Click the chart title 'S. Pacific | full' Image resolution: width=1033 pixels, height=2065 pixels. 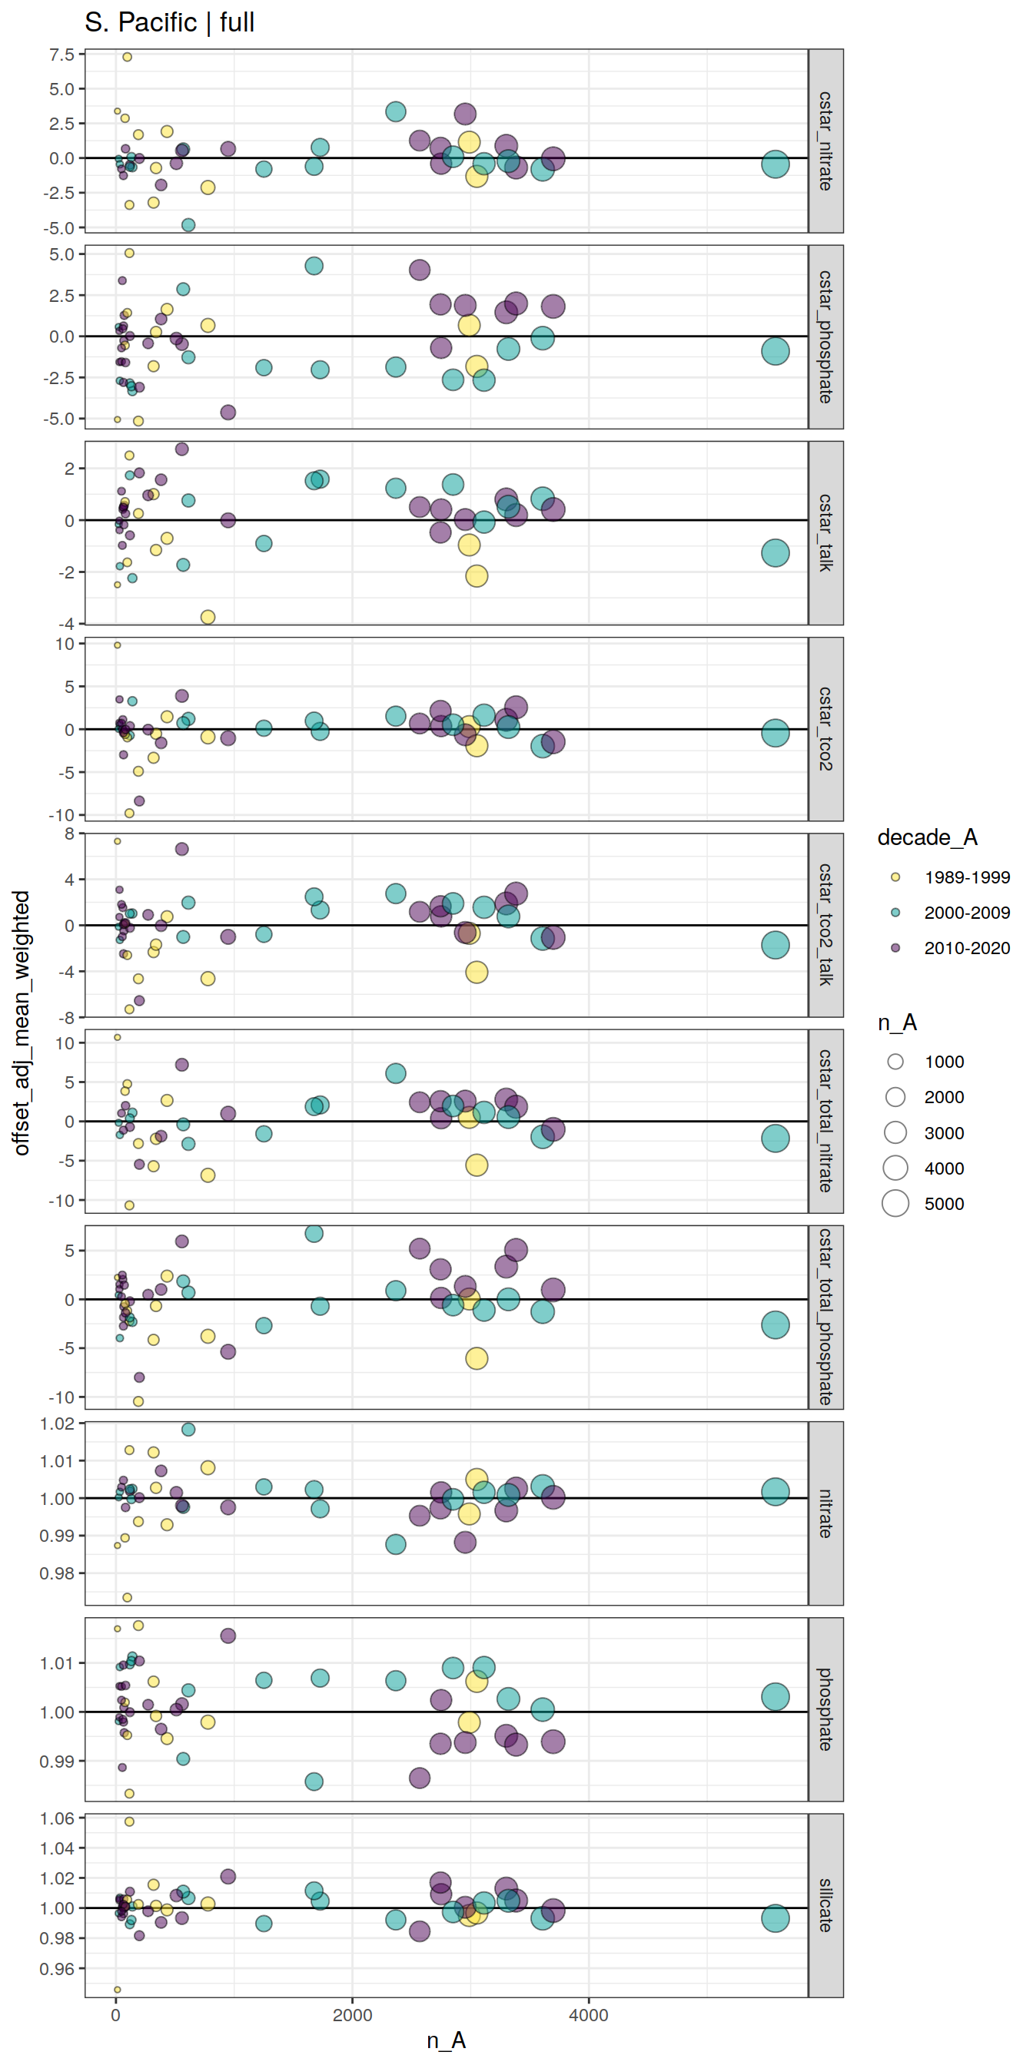(169, 22)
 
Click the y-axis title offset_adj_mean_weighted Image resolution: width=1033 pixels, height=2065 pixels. (22, 1022)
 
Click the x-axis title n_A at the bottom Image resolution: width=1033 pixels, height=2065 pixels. (446, 2040)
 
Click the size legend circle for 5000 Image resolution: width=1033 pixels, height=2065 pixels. (895, 1203)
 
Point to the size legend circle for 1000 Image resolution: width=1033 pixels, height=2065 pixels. (895, 1062)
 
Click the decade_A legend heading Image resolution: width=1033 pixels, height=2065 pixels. (927, 837)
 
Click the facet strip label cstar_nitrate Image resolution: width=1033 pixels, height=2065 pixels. (825, 141)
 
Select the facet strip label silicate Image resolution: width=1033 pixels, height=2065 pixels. (825, 1904)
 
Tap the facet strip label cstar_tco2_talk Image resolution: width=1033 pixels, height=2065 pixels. (825, 925)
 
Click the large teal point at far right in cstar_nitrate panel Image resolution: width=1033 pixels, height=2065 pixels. (775, 164)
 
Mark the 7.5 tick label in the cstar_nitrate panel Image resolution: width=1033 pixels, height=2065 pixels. (61, 55)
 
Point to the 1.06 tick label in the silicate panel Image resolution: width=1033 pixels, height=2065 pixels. (57, 1818)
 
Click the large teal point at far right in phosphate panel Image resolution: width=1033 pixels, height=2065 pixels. (775, 1696)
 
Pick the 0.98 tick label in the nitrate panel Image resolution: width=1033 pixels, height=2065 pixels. (57, 1573)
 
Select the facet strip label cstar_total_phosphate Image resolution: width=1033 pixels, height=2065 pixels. (825, 1316)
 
